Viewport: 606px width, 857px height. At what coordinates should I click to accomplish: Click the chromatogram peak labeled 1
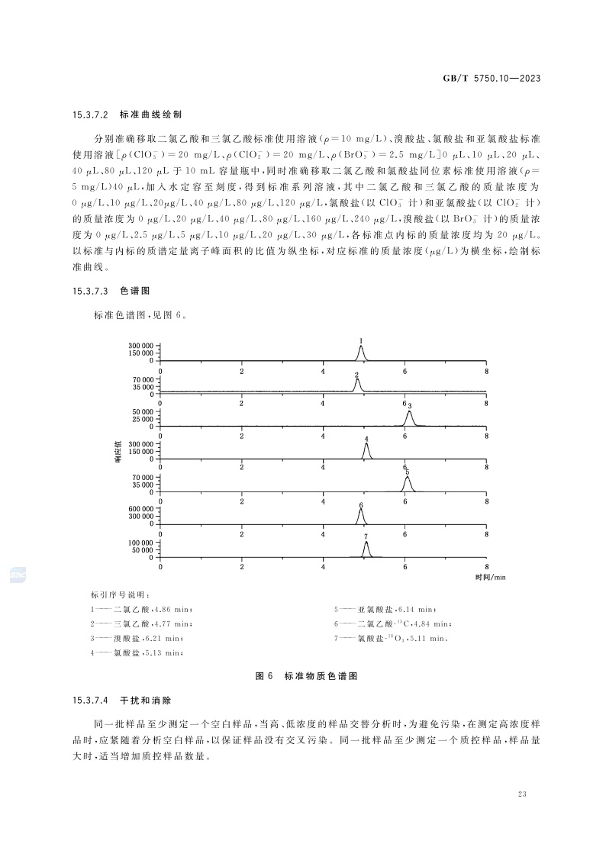point(361,350)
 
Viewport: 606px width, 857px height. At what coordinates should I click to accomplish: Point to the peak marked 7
point(366,548)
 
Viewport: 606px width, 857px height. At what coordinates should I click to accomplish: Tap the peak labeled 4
point(367,449)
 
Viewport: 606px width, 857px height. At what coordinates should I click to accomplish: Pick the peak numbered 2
point(357,384)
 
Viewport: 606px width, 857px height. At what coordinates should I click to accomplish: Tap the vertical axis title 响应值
point(118,455)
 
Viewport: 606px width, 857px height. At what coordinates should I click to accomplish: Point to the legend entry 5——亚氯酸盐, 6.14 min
point(385,609)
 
